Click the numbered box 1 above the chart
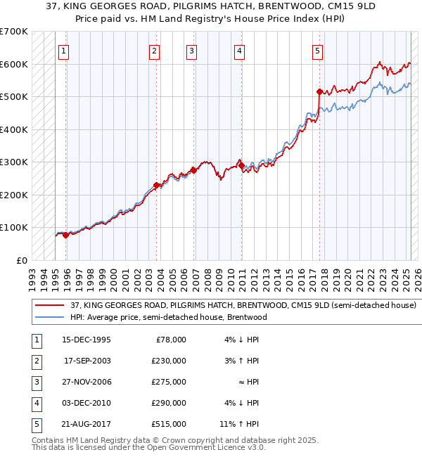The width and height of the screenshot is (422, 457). [64, 50]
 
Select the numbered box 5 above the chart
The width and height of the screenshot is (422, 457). [318, 50]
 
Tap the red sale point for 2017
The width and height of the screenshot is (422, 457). [319, 91]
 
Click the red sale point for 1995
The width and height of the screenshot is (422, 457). [65, 235]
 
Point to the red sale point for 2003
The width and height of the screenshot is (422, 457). [156, 185]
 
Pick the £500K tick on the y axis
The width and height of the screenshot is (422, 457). [14, 96]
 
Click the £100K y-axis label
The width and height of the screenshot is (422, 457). [14, 227]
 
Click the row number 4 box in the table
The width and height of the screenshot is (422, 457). [35, 403]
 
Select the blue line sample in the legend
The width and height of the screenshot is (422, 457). [49, 317]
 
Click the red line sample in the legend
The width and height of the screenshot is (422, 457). [49, 306]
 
